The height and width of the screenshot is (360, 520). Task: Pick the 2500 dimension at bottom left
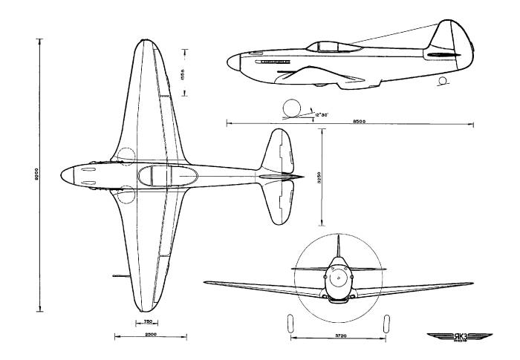point(150,336)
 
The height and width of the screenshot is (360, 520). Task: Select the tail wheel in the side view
point(443,79)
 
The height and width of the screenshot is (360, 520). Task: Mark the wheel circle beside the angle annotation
point(290,108)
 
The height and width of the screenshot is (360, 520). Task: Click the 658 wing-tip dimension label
point(184,75)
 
